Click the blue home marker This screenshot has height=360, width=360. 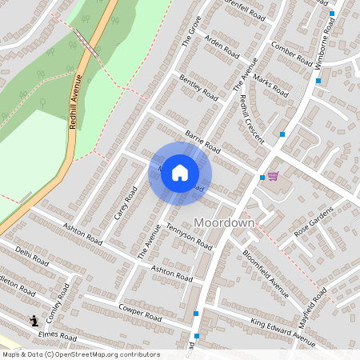[180, 172]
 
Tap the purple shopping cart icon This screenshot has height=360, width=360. [273, 175]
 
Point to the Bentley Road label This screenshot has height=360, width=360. [199, 88]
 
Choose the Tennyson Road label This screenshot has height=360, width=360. [189, 235]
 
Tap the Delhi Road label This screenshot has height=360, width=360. [32, 258]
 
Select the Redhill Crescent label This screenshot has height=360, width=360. [252, 118]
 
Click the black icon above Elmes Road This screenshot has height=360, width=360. [34, 322]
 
